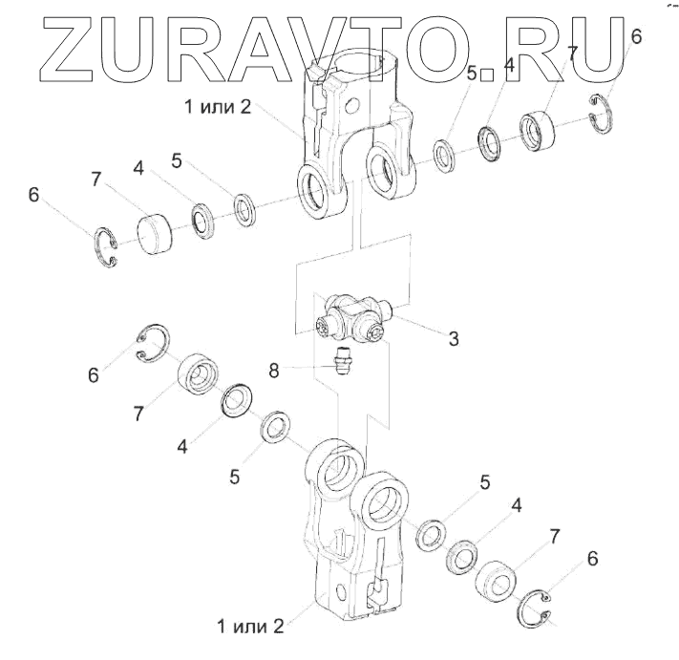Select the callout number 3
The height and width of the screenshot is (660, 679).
pos(453,338)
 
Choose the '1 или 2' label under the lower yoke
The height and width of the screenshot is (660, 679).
pos(250,627)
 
